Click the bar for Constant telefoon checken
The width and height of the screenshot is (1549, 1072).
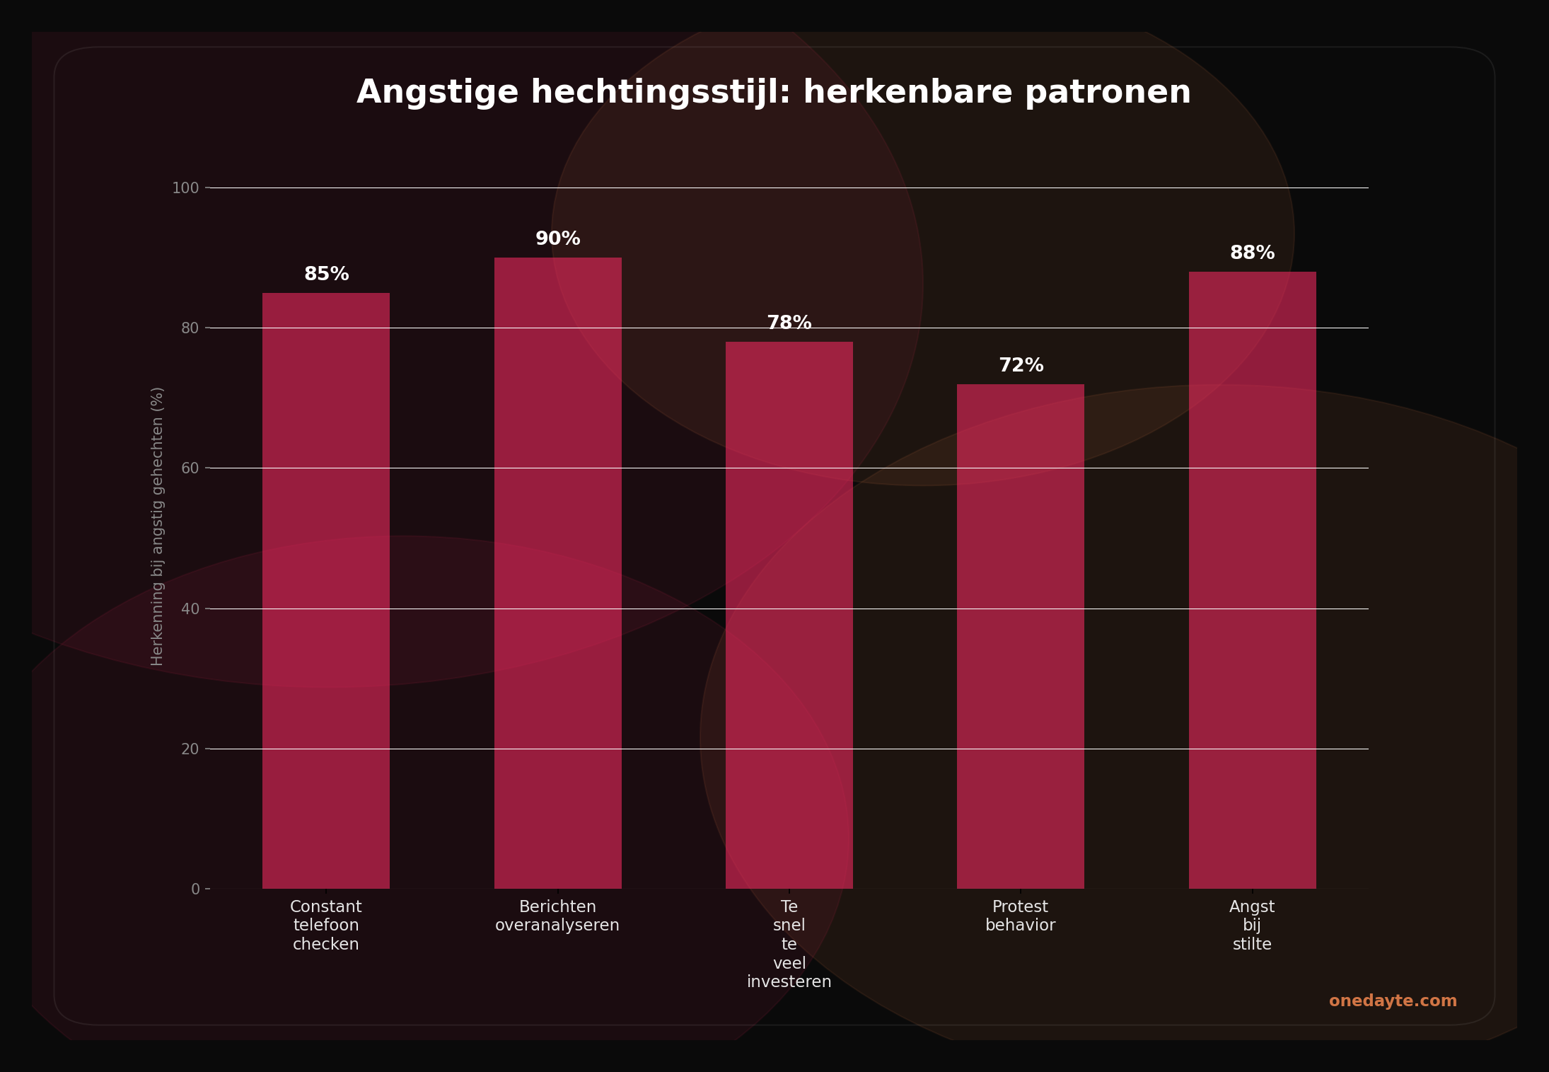[326, 591]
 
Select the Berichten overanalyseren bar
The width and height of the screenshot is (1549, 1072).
[557, 573]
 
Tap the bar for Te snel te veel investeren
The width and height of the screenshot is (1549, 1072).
[789, 616]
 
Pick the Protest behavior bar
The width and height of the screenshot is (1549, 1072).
[1020, 637]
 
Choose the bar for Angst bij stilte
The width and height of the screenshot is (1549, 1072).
[1252, 580]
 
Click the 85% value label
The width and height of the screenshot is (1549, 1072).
[326, 275]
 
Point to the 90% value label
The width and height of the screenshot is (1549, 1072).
[557, 239]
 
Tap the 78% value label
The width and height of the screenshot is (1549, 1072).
[789, 323]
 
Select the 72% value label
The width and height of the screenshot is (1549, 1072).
[1021, 366]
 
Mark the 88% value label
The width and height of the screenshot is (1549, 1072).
[1252, 253]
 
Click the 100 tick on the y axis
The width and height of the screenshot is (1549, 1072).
[185, 188]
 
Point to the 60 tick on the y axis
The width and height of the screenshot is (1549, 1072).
[190, 468]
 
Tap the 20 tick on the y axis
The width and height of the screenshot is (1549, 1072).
[190, 749]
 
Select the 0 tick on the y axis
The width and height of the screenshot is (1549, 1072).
[195, 889]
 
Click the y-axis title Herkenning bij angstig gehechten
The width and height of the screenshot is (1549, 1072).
[157, 526]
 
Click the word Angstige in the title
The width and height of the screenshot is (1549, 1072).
[437, 93]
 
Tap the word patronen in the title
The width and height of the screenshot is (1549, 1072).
[1108, 93]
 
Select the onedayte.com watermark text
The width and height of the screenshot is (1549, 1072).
[1392, 1001]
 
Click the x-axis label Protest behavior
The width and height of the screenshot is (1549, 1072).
[1020, 916]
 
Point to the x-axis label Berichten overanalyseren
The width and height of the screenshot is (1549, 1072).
[557, 916]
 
